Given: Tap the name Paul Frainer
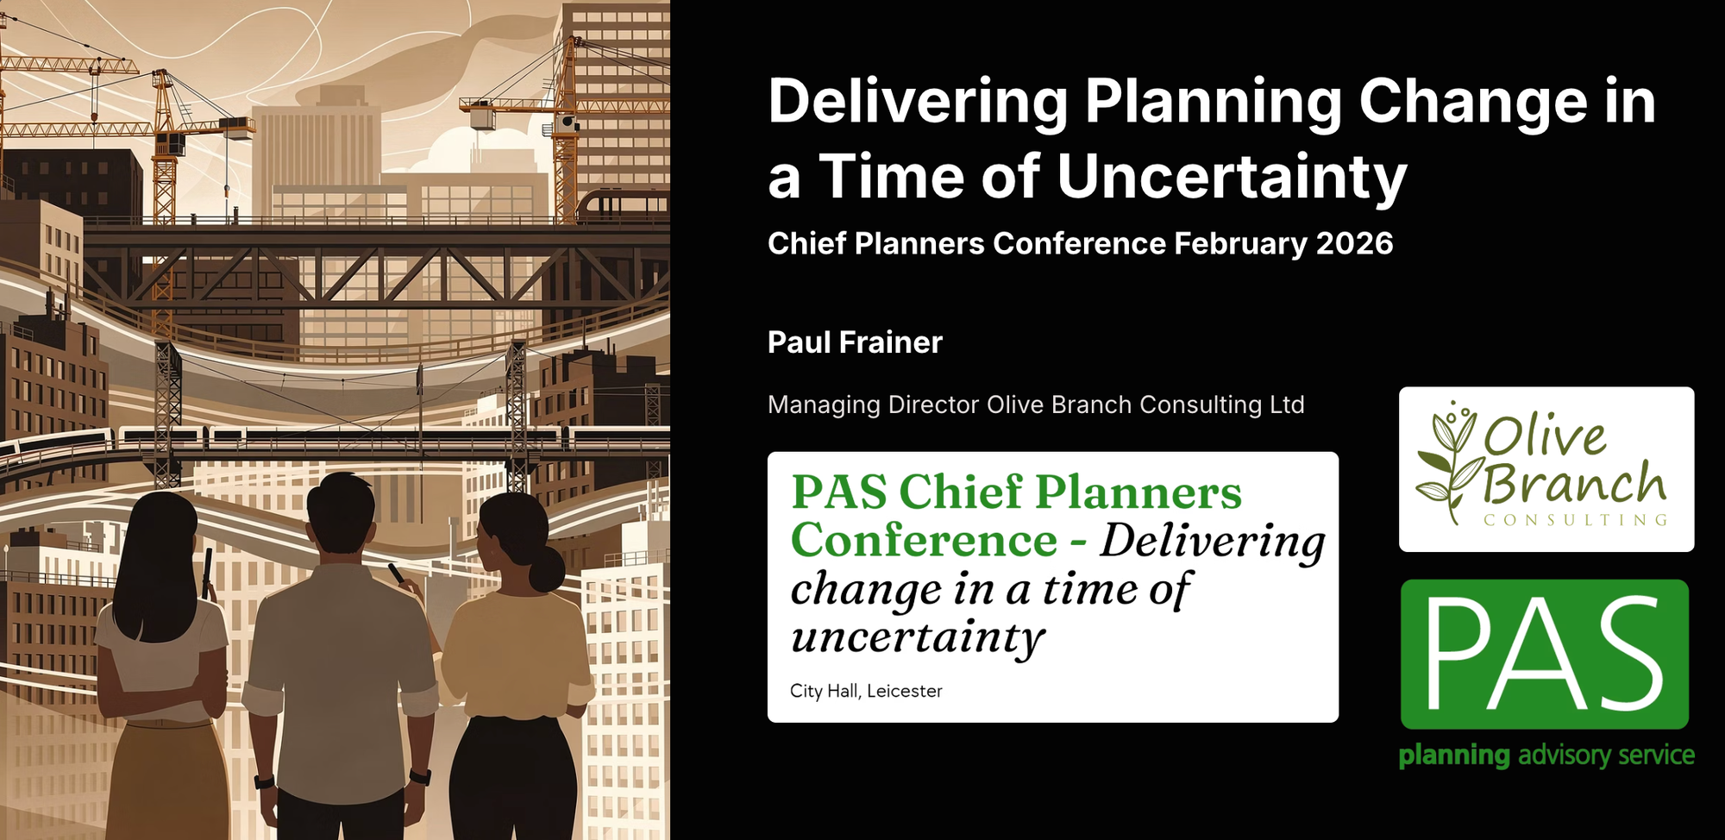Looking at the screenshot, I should click(855, 342).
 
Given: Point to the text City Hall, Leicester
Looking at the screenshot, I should click(866, 691).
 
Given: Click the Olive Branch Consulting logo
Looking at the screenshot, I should click(1546, 469).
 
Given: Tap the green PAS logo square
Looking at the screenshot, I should click(1544, 654).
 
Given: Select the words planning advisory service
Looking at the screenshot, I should click(1546, 755).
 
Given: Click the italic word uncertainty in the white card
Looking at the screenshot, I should click(918, 638).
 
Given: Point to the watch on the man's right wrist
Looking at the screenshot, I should click(420, 776).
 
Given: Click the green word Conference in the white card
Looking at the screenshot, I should click(924, 542).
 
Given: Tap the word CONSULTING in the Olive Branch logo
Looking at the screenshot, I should click(1575, 520).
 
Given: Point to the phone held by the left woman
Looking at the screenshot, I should click(207, 569).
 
